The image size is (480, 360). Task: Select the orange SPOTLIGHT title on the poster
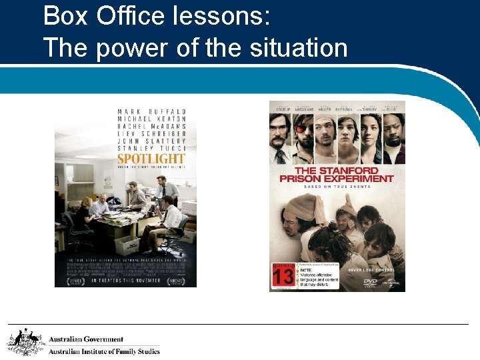tap(151, 159)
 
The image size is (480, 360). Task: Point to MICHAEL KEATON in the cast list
tap(151, 119)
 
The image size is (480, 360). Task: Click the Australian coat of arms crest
tap(25, 342)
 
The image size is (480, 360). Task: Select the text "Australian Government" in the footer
tap(86, 339)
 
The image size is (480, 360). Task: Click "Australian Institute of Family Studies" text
tap(104, 351)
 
